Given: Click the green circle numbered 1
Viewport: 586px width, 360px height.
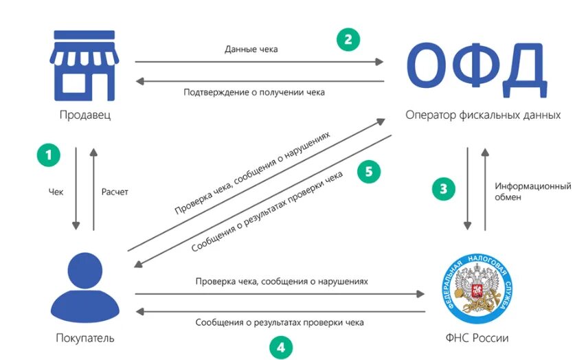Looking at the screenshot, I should click(48, 154).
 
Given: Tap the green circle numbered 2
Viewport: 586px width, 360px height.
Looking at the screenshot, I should click(348, 38).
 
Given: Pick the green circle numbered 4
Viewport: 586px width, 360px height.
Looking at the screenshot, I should click(280, 347).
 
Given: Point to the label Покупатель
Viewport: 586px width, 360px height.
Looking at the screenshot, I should click(85, 338).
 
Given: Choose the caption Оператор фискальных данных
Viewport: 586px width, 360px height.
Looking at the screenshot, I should click(483, 115).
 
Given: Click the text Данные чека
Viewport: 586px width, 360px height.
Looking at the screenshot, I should click(251, 49).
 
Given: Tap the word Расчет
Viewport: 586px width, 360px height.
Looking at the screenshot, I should click(114, 192).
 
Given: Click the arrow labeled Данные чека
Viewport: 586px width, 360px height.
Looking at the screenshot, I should click(259, 62).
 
